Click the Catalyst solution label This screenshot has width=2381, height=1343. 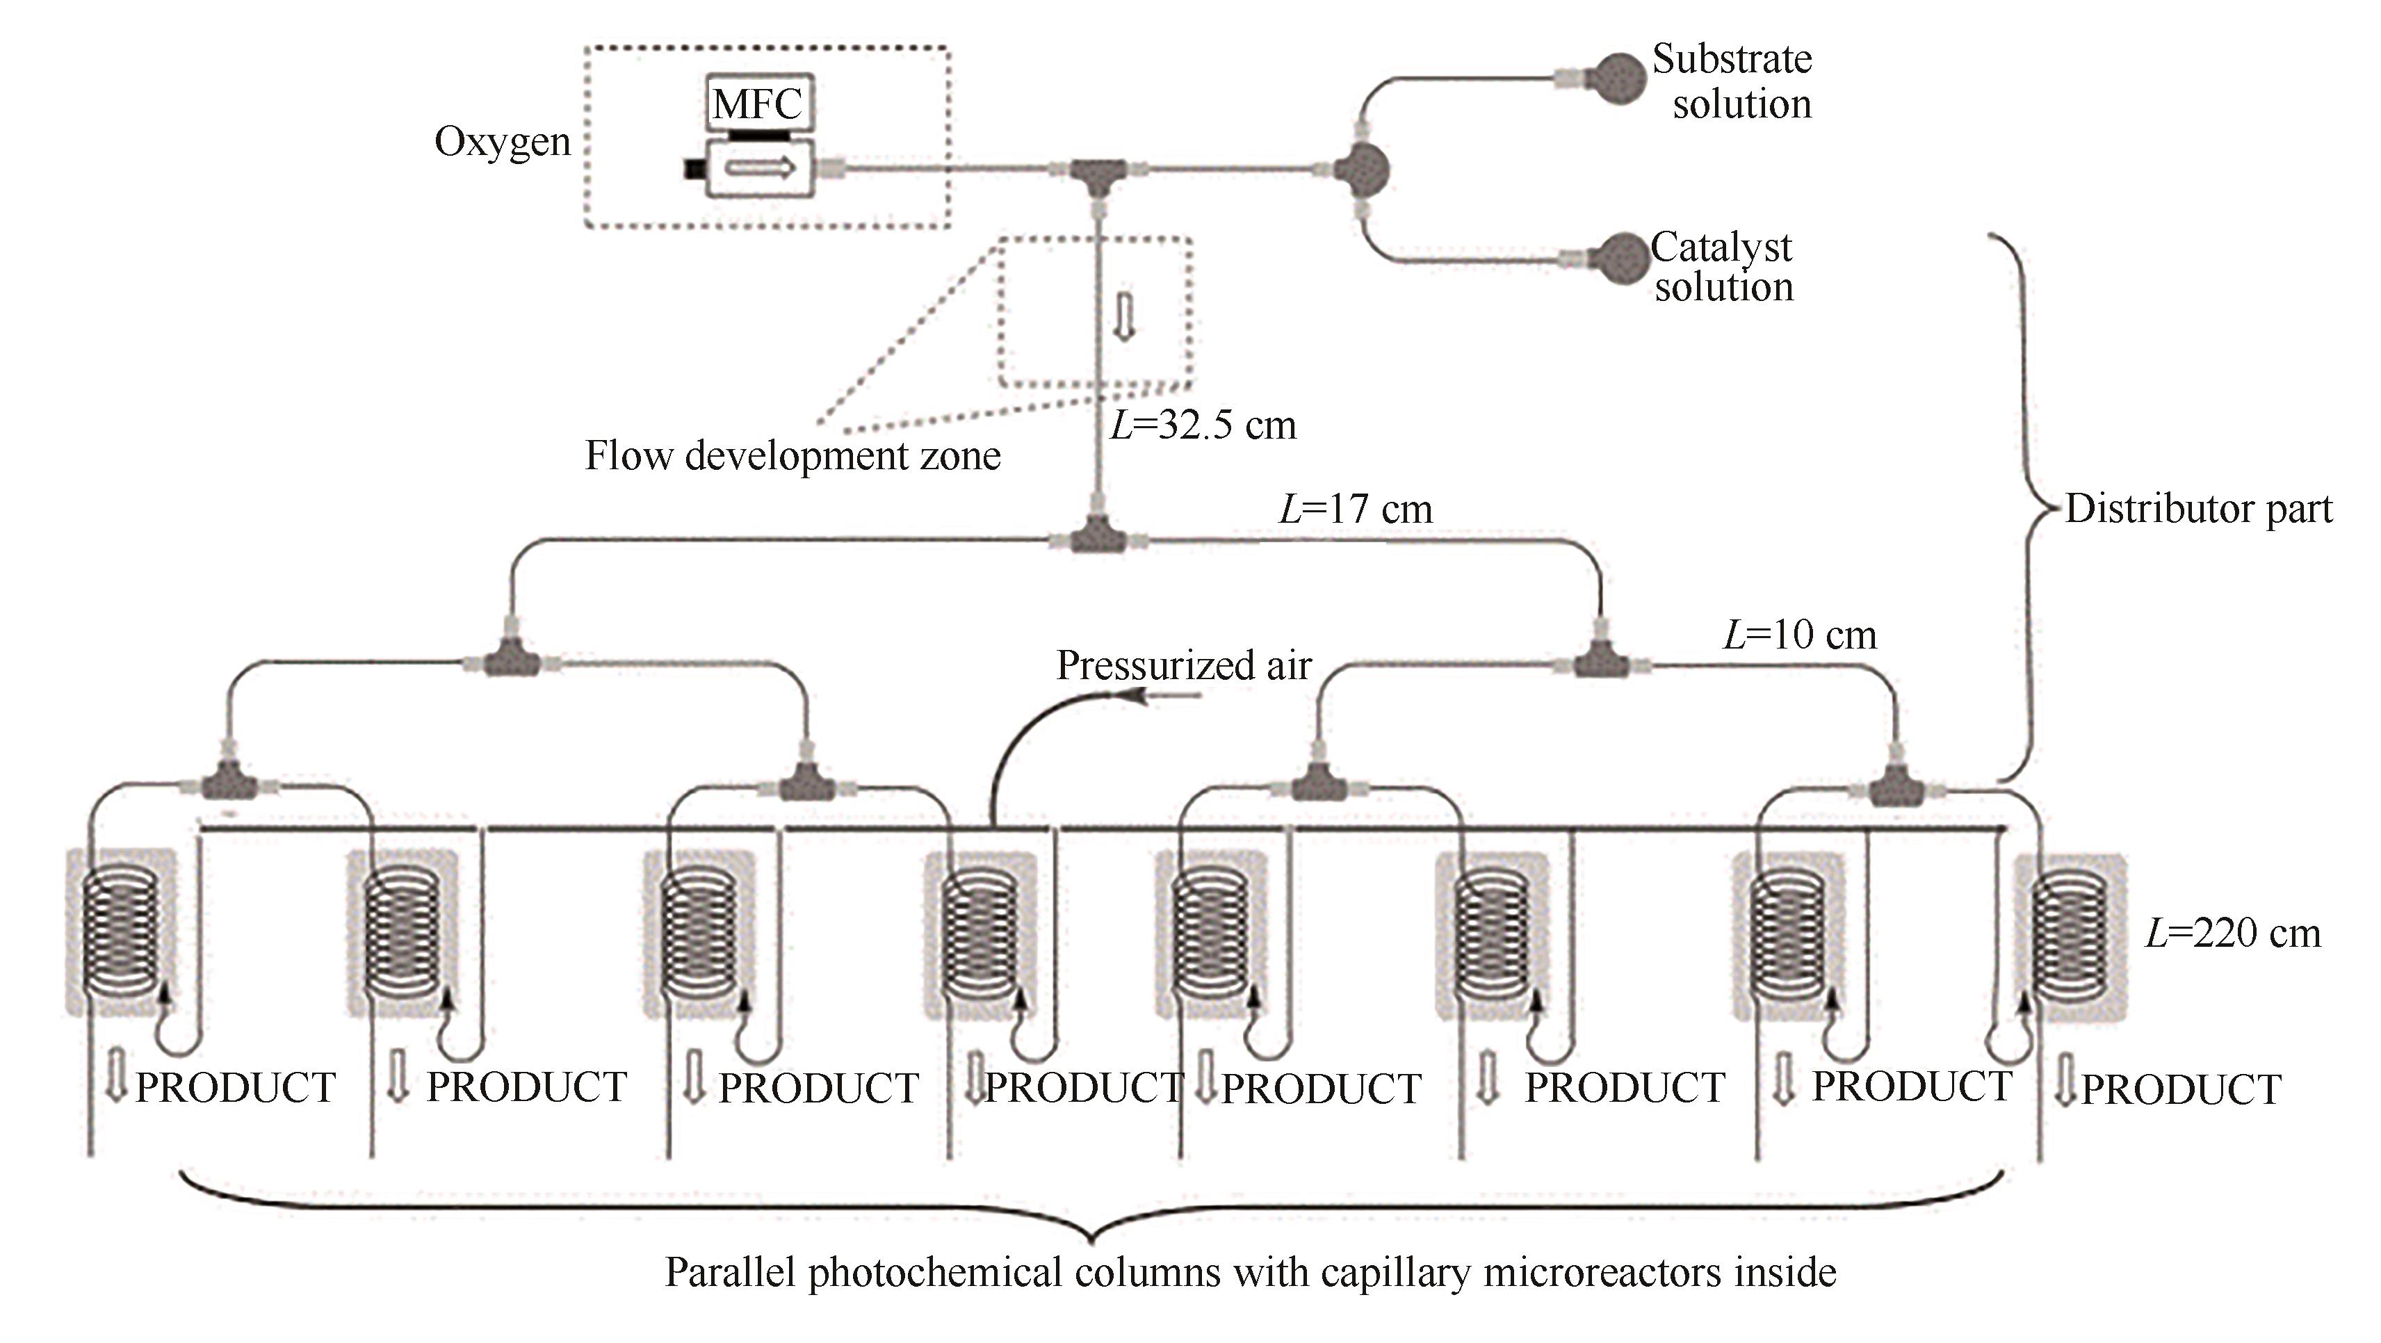tap(1723, 267)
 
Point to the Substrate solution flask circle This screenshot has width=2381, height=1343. tap(1618, 79)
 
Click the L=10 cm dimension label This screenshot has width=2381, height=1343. tap(1800, 635)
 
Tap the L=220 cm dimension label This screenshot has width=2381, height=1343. tap(2232, 934)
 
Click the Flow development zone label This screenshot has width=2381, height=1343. tap(792, 457)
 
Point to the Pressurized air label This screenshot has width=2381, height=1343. tap(1184, 665)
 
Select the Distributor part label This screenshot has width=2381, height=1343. tap(2198, 508)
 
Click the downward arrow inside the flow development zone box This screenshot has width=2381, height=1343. tap(1124, 317)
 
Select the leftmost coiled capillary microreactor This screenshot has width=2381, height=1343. tap(120, 931)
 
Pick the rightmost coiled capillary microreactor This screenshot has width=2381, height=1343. tap(2070, 936)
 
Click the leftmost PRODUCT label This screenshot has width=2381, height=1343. tap(235, 1088)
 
